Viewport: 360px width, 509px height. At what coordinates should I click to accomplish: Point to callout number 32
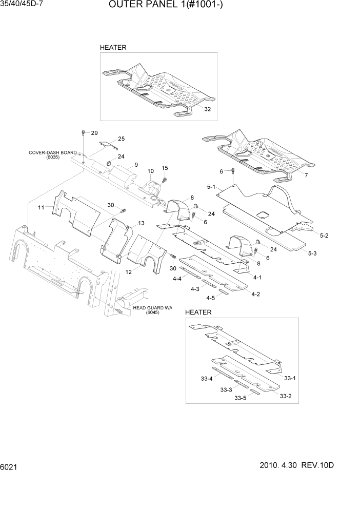207,109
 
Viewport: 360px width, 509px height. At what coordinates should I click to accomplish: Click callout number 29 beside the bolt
94,133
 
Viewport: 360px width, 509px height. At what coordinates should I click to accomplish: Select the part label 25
121,139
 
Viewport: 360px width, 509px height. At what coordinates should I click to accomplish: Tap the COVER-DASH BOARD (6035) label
52,155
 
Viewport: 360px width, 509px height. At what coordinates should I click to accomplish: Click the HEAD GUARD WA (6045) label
152,310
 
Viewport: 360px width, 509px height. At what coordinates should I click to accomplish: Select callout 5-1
210,188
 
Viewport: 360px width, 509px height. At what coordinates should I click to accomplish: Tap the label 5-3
312,253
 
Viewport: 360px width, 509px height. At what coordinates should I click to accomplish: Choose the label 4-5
210,298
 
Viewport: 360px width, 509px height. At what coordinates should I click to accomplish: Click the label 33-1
290,378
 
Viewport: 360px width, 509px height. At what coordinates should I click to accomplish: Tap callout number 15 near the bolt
165,168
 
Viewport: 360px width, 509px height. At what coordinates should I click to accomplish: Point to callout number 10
151,171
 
